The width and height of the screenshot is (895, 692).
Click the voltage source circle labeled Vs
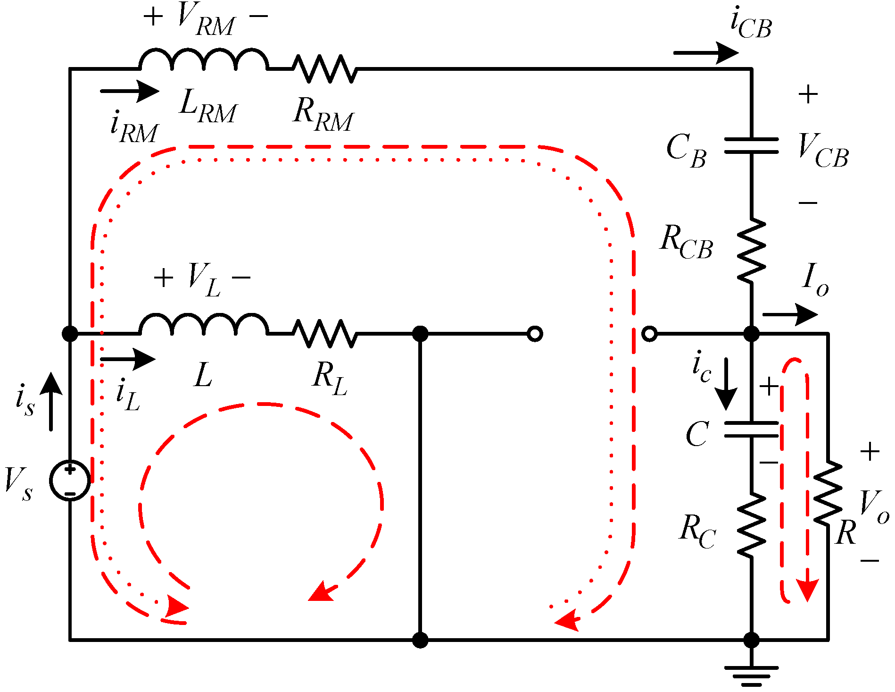tap(70, 481)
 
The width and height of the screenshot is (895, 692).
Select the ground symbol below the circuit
tap(751, 675)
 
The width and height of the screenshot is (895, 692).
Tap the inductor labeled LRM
tap(204, 60)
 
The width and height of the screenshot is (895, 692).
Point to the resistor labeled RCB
tap(751, 251)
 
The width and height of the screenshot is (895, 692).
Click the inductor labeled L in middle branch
tap(204, 325)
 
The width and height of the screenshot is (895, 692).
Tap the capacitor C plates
tap(751, 429)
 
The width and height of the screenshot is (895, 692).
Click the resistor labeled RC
tap(751, 524)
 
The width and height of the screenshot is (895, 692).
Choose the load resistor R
tap(828, 493)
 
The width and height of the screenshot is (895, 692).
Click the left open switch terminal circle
tap(535, 334)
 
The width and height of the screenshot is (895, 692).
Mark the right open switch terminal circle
tap(649, 334)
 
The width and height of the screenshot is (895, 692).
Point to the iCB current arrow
tap(706, 53)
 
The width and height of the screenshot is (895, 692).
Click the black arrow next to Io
tap(790, 314)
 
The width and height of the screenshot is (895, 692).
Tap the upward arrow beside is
tap(51, 401)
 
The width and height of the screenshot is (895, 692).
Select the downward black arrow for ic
tap(726, 383)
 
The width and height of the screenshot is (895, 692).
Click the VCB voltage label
tap(823, 151)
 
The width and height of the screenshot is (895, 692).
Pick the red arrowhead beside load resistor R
tap(807, 590)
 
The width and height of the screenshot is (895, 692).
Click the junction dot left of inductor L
tap(70, 334)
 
